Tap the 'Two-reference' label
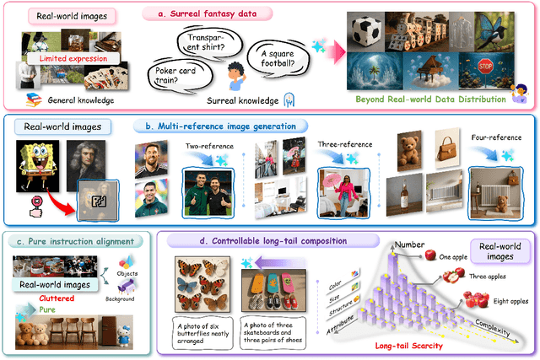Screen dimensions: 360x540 coord(203,145)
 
